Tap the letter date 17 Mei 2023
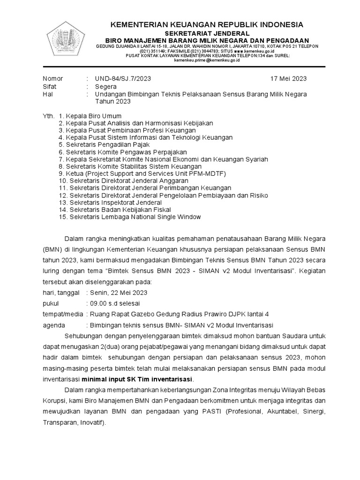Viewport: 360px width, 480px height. [x=289, y=79]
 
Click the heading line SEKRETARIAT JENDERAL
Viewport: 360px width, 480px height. [x=206, y=33]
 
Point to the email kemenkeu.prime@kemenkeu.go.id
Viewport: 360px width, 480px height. [x=207, y=60]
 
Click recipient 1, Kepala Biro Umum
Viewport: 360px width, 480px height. [x=90, y=116]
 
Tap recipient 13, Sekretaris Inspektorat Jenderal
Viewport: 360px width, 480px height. [x=108, y=202]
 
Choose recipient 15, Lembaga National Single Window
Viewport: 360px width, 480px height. [x=130, y=217]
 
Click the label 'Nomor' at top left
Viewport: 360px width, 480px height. [x=52, y=79]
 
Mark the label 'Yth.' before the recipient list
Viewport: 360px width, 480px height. [x=49, y=116]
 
